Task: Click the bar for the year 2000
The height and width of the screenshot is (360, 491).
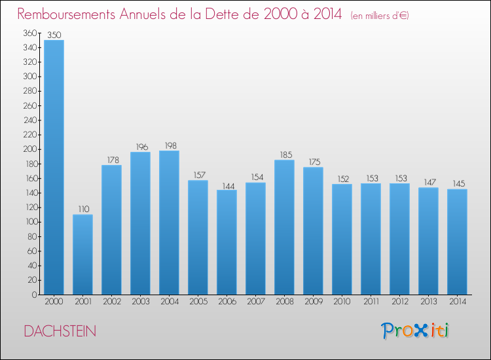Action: click(x=54, y=167)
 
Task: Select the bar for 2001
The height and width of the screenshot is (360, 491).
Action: click(x=82, y=254)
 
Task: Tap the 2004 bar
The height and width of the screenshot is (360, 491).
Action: click(x=169, y=222)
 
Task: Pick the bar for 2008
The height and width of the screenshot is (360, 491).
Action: click(x=284, y=226)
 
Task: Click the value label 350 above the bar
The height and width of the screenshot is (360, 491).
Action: click(x=54, y=35)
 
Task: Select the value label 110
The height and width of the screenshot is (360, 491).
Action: click(x=82, y=209)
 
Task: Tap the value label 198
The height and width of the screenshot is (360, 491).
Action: click(x=169, y=145)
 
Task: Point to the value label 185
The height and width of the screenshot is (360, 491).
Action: click(x=284, y=154)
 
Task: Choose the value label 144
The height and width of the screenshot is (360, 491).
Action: click(x=227, y=185)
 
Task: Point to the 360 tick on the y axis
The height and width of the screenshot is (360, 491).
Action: click(x=29, y=33)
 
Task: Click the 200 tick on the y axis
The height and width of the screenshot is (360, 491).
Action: click(x=29, y=149)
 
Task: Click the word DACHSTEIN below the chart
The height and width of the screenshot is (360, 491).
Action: click(x=60, y=332)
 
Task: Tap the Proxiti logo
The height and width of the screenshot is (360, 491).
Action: click(x=414, y=331)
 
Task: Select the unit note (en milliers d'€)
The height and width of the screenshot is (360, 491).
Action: click(x=380, y=15)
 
